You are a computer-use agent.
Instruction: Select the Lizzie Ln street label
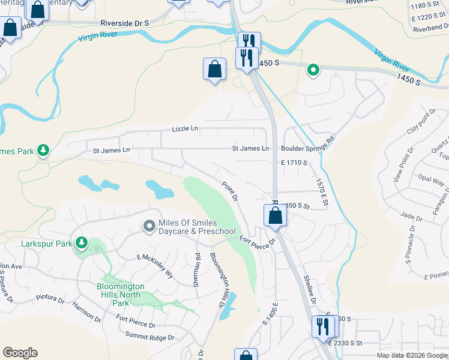185,128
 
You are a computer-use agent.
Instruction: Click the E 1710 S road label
294,163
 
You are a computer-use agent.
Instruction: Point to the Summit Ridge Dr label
150,337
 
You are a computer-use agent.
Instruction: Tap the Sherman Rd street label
197,270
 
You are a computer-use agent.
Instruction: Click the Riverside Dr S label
124,22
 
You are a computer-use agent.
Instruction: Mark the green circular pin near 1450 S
313,71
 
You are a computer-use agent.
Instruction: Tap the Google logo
20,353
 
